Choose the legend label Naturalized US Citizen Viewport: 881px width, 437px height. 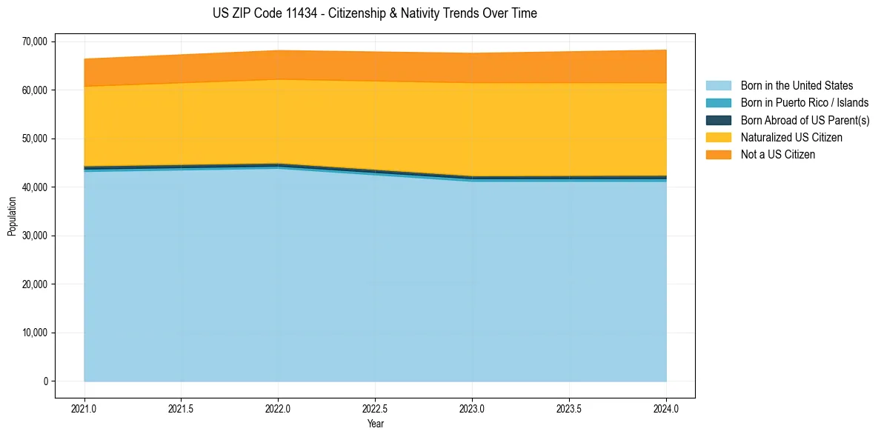click(791, 138)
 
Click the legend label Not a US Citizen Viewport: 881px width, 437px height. click(777, 155)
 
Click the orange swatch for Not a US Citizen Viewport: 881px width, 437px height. click(718, 155)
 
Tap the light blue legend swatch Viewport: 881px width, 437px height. click(718, 86)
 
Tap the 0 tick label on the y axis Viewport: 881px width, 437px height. click(44, 381)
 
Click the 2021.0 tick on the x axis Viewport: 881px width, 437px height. click(84, 408)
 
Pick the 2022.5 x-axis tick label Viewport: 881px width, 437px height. click(375, 408)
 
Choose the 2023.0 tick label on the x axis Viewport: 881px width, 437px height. click(472, 408)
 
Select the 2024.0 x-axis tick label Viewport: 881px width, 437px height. click(666, 408)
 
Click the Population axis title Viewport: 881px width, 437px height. click(12, 216)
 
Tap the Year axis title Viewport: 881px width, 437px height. click(375, 424)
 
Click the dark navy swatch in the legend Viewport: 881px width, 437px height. click(718, 120)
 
